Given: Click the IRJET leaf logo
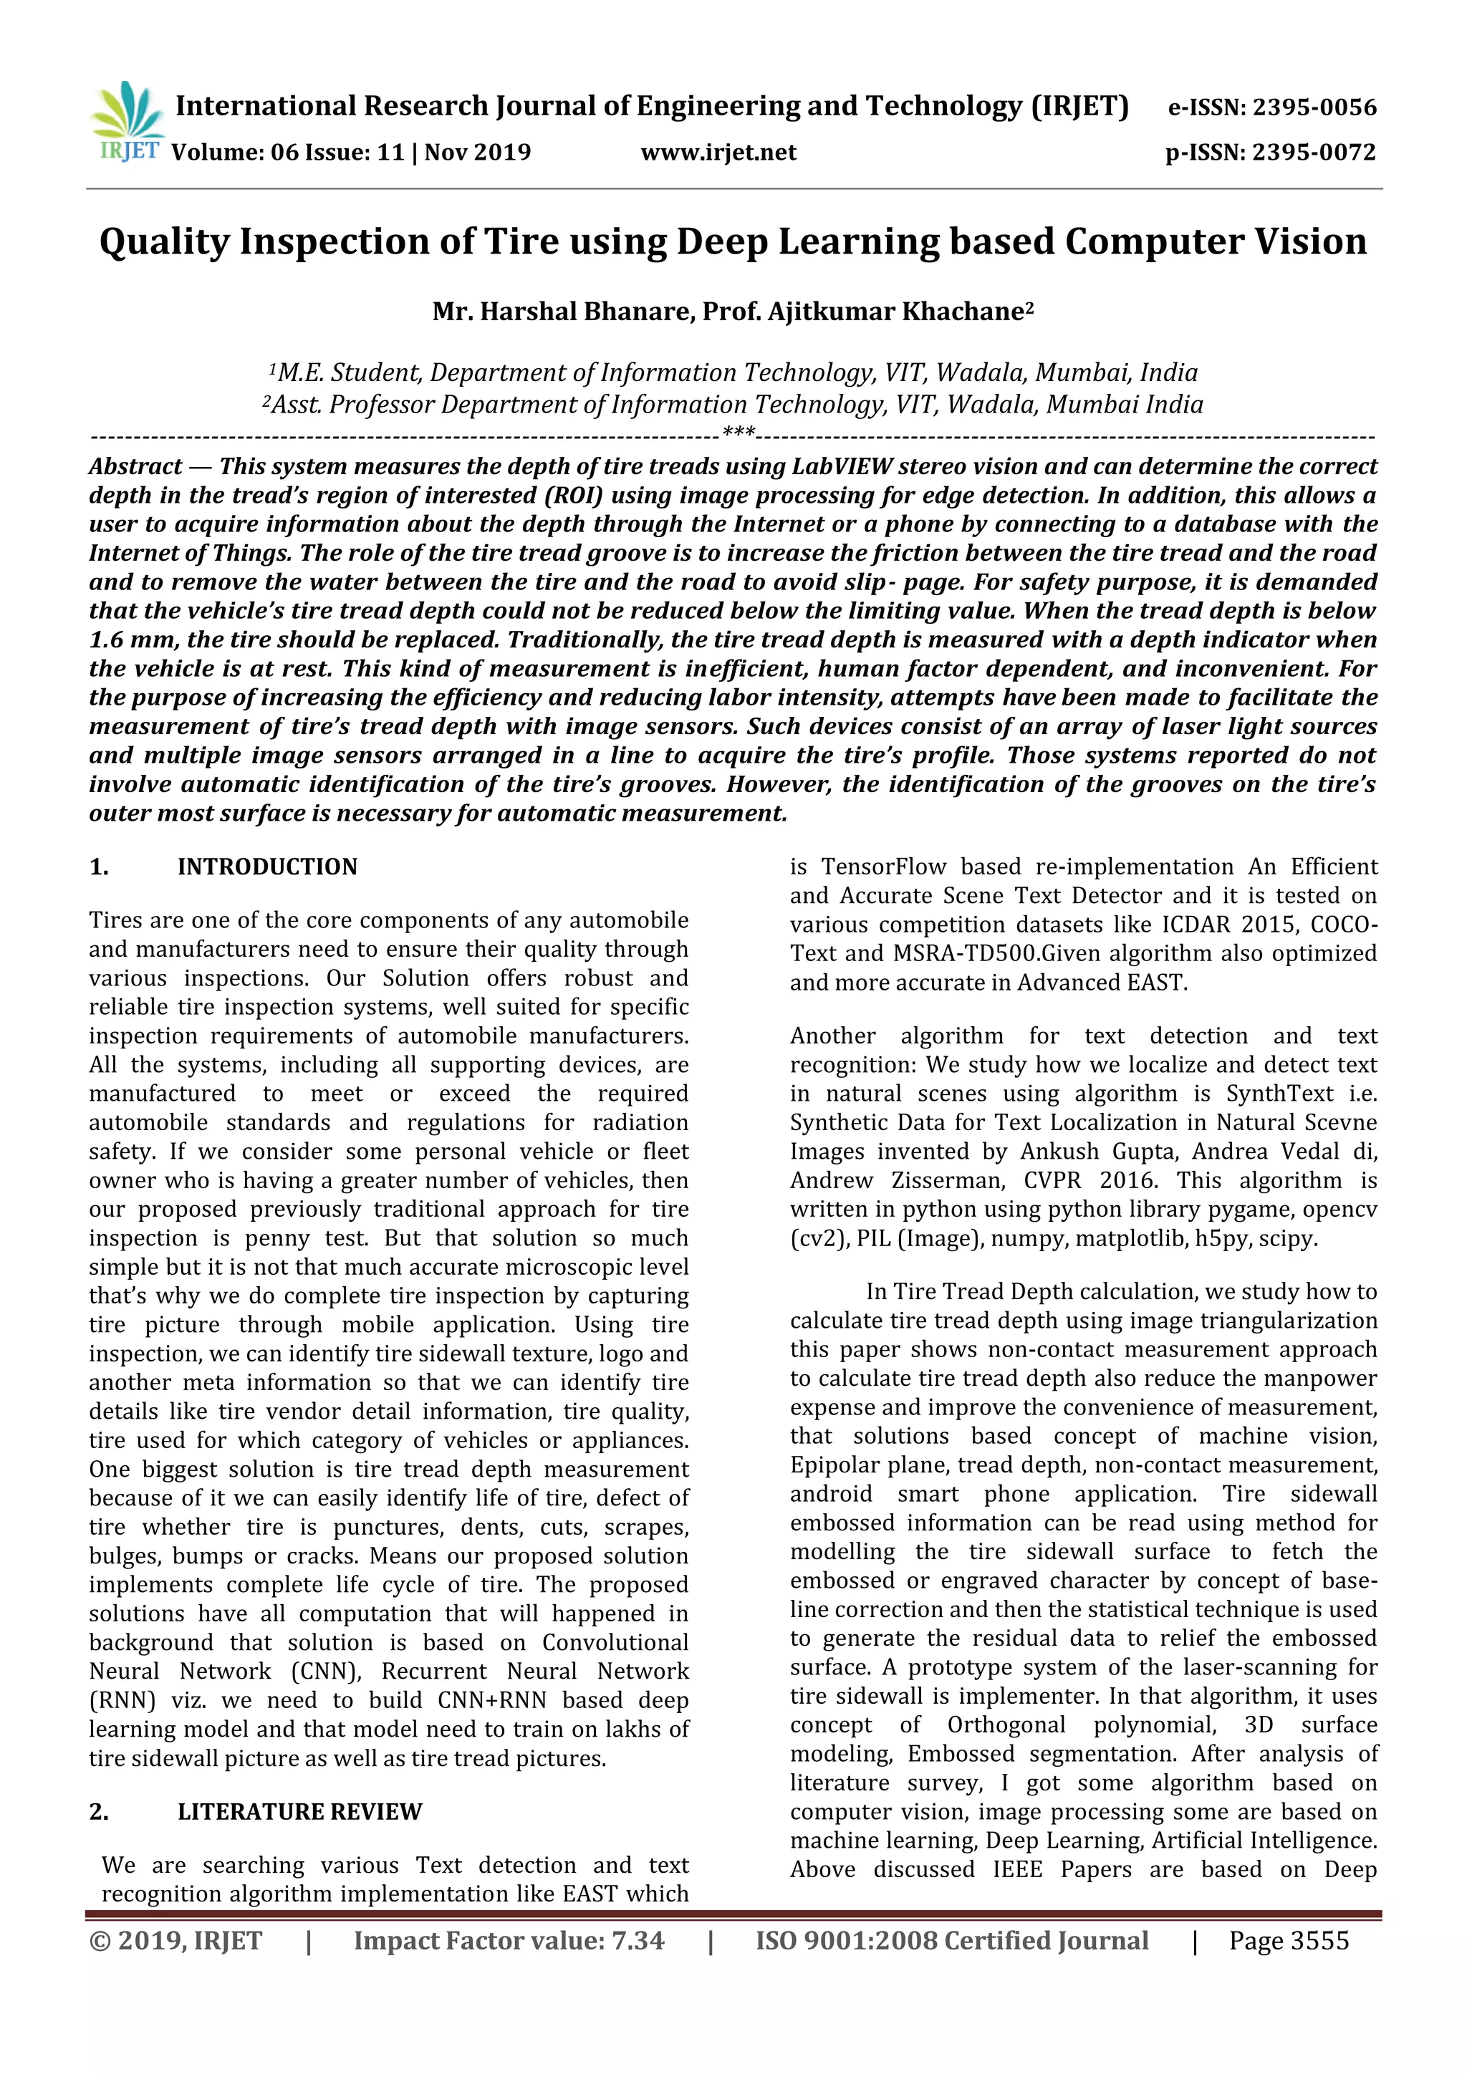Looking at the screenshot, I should coord(127,121).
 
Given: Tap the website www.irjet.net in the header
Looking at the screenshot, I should coord(718,152).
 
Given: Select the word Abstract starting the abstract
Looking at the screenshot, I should coord(135,466).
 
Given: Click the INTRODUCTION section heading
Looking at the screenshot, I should coord(267,867).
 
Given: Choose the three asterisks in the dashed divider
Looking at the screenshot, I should coord(739,433).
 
